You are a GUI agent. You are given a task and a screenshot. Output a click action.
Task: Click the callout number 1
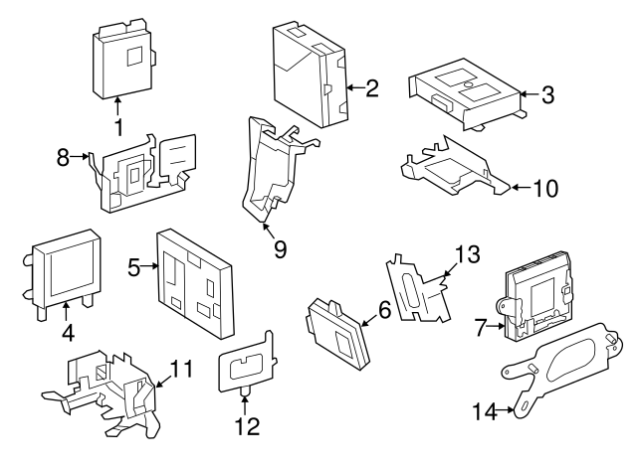tap(117, 127)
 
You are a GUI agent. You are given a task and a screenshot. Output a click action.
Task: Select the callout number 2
tap(371, 89)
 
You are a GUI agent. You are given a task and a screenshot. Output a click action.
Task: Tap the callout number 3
tap(547, 95)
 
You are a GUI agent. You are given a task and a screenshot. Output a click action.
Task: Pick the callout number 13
tap(467, 255)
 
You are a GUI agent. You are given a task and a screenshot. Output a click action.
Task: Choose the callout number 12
tap(246, 426)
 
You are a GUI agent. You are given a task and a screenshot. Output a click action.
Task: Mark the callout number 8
tap(63, 156)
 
